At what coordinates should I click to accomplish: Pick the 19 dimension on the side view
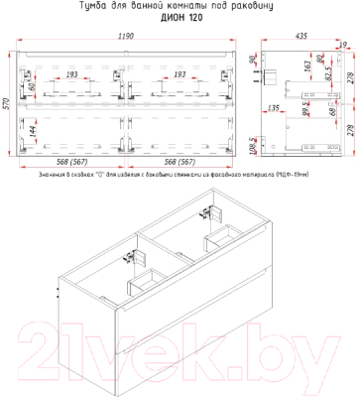[x=343, y=46]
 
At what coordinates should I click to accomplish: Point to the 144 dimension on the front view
[x=33, y=129]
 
